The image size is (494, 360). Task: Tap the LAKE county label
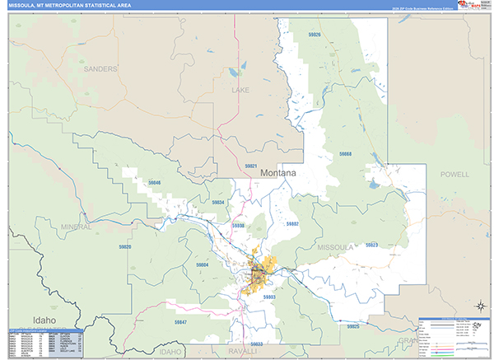pos(240,90)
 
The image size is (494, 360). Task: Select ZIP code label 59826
pos(314,35)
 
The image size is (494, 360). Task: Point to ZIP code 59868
pos(344,154)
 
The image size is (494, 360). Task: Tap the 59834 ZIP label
pos(218,202)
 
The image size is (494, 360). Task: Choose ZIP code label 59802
pos(292,224)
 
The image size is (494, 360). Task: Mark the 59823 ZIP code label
pos(371,245)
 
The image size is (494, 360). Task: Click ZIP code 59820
pos(124,247)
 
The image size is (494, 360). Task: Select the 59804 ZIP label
pos(203,264)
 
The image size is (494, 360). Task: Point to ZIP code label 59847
pos(181,322)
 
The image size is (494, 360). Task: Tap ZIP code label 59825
pos(353,327)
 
